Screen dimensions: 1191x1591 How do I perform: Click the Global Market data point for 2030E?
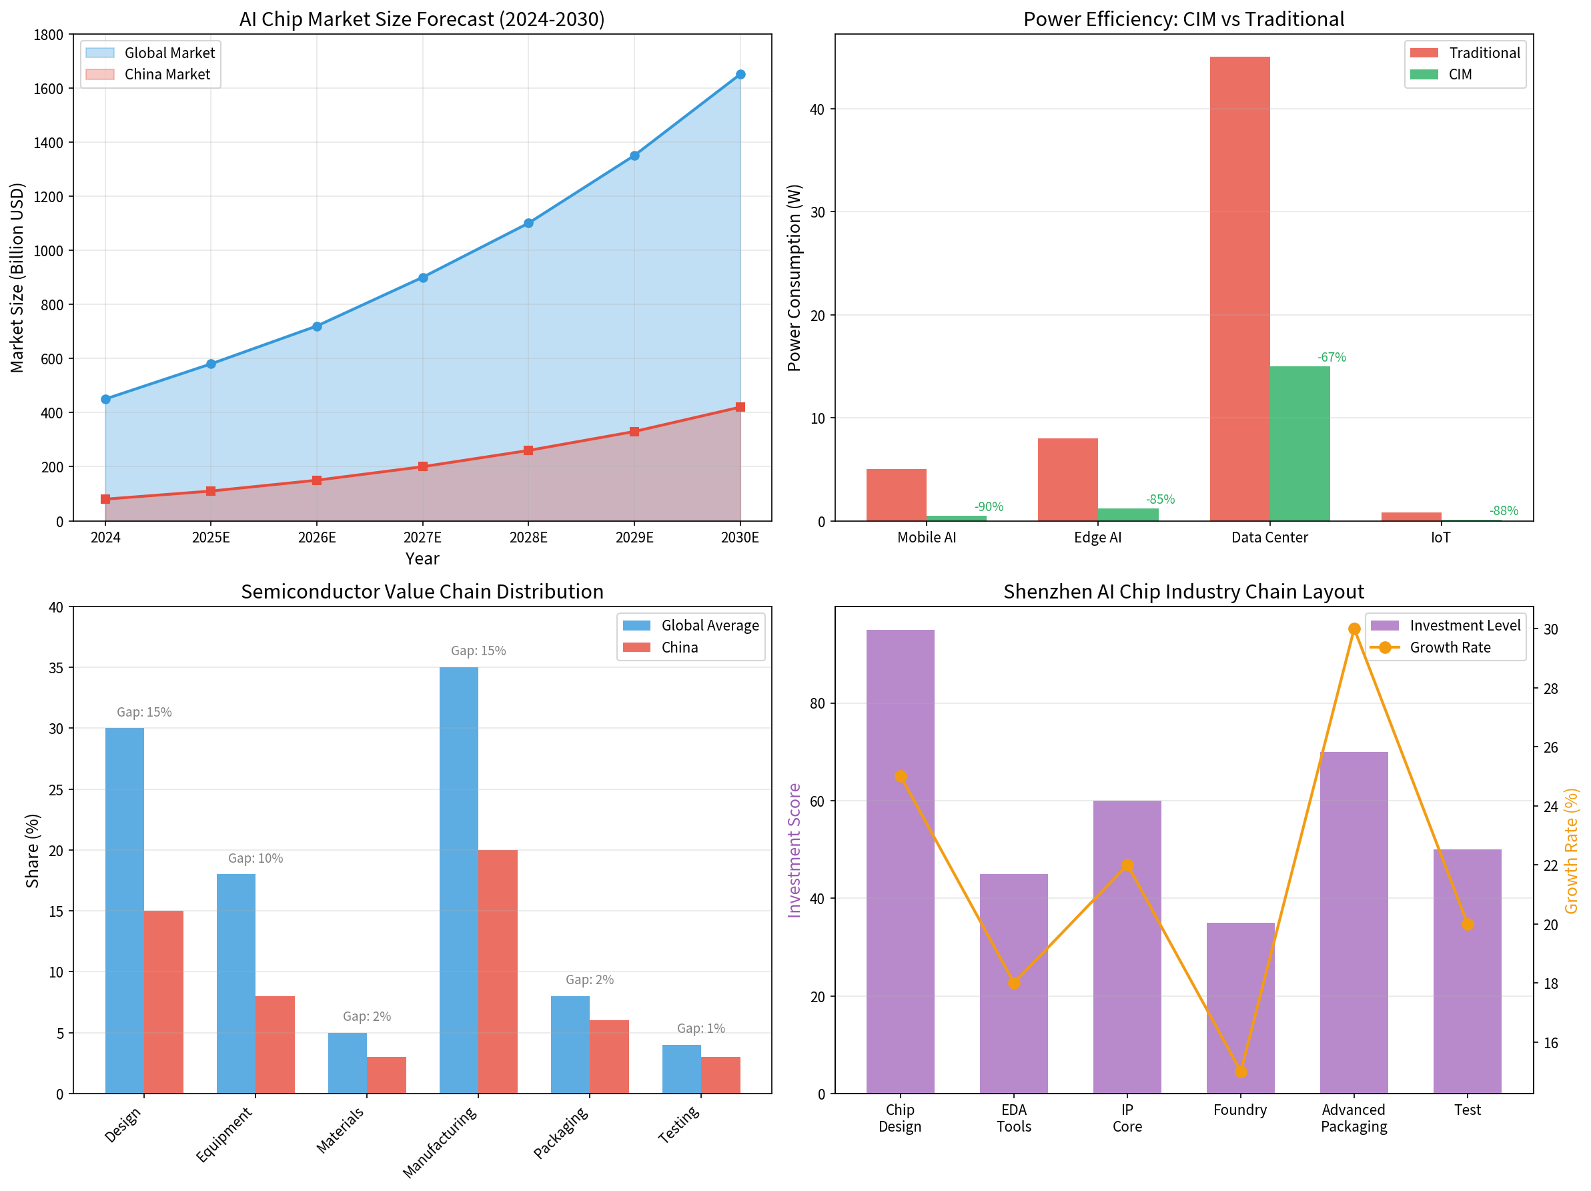(740, 75)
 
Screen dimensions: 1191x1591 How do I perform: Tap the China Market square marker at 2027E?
(423, 467)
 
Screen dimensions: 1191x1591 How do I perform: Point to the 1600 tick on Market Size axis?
(49, 89)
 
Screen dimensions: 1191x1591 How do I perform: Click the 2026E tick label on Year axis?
(317, 538)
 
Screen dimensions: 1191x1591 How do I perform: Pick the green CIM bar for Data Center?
(1299, 443)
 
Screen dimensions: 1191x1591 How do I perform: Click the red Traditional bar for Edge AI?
(1067, 479)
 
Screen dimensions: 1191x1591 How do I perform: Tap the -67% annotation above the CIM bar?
(1332, 358)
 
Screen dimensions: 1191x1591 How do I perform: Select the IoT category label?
(1441, 538)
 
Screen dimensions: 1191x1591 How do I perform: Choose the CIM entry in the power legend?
(1460, 75)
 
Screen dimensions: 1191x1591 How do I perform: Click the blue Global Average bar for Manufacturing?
(459, 880)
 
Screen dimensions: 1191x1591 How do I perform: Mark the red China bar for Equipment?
(275, 1044)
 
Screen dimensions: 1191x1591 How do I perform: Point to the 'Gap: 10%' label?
(255, 858)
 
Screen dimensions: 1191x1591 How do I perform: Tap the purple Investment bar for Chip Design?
(900, 861)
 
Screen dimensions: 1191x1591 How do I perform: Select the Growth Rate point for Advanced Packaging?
(1354, 629)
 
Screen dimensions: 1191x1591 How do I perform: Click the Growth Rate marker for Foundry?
(1241, 1072)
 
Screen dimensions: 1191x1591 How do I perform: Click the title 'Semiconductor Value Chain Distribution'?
(422, 591)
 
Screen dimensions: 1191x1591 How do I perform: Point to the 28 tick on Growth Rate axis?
(1551, 689)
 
